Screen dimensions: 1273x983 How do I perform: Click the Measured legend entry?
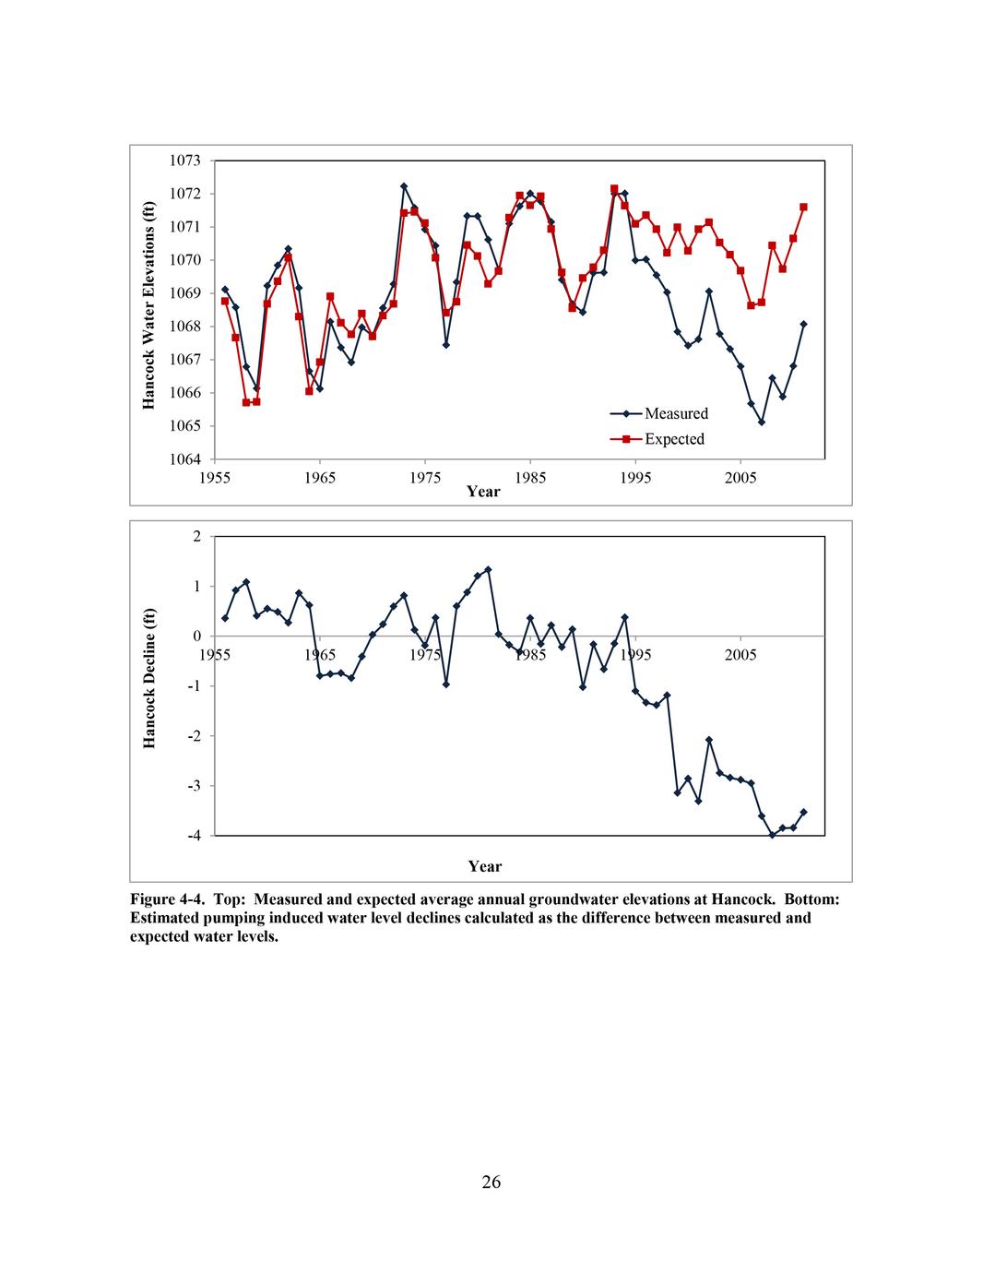tap(676, 413)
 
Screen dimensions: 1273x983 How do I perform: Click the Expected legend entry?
tap(674, 439)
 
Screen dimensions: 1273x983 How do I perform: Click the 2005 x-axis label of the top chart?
tap(740, 477)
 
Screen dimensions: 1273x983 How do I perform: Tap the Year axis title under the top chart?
tap(483, 492)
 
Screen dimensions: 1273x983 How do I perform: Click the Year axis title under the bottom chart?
tap(484, 866)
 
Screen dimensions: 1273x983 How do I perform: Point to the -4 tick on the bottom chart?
tap(195, 836)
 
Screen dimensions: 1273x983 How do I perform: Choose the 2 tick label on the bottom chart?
tap(196, 536)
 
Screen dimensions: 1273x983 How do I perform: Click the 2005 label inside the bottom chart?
tap(740, 655)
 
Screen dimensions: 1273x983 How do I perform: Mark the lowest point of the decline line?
tap(772, 835)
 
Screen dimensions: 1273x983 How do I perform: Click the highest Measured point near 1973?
tap(404, 186)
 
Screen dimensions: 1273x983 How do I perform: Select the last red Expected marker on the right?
tap(803, 207)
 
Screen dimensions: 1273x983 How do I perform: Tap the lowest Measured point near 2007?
tap(762, 422)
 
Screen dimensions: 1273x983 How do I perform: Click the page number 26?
tap(491, 1182)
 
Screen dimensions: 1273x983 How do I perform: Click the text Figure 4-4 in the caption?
tap(162, 899)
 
